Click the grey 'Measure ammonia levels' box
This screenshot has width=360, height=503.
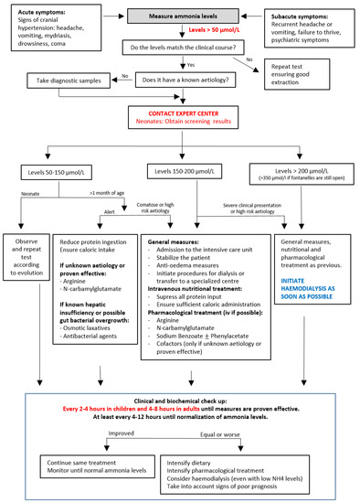coord(180,17)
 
